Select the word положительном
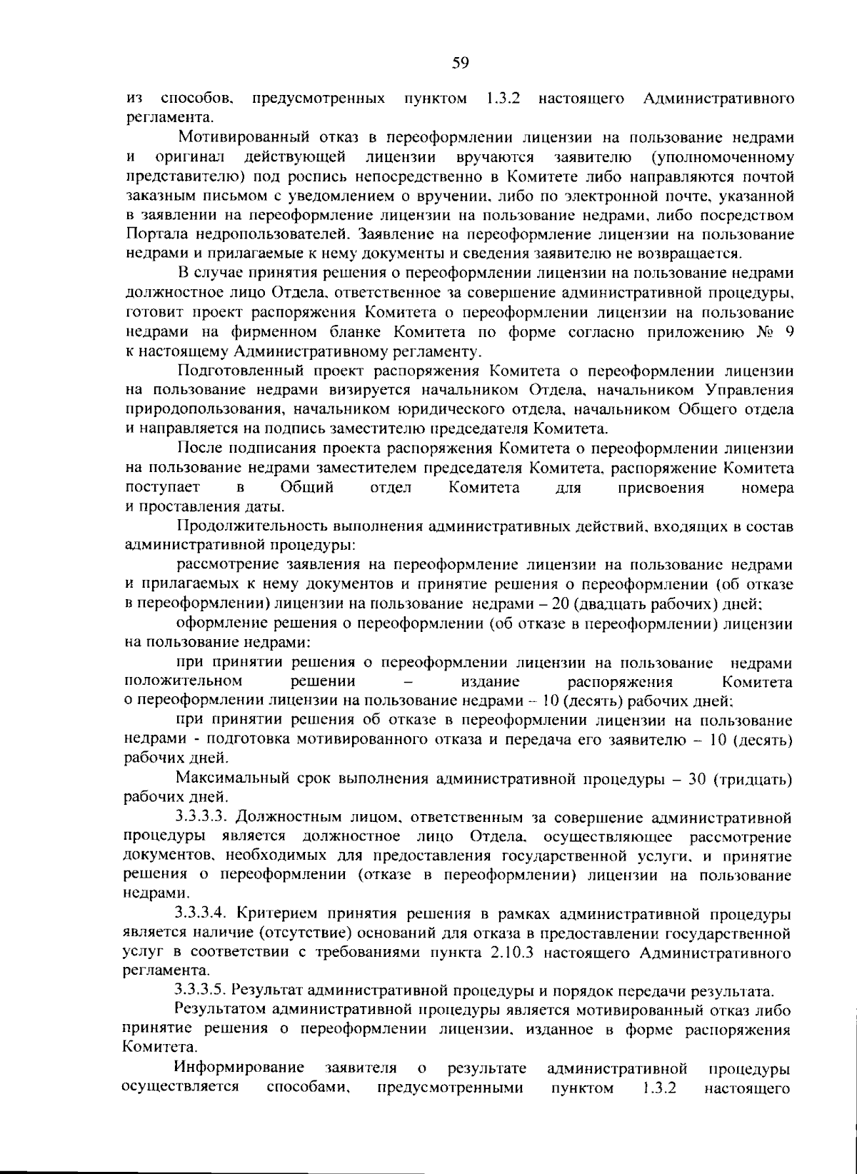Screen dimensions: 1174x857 (184, 681)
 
